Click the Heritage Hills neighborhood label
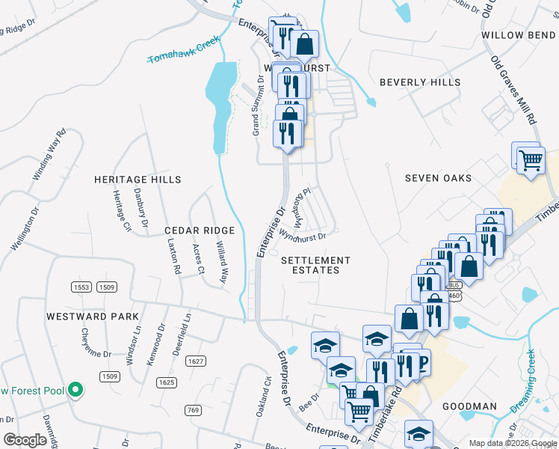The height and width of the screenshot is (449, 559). click(138, 180)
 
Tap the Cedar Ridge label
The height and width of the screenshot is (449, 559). click(200, 230)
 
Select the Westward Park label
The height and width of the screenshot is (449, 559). click(93, 317)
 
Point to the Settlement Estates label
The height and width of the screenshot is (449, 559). click(315, 265)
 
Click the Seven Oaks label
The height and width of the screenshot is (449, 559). click(439, 178)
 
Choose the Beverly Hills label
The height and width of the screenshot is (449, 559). click(419, 82)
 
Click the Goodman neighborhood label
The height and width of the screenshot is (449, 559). click(469, 406)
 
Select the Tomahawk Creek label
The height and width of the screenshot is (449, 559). click(183, 54)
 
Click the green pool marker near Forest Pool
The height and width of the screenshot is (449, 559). click(75, 390)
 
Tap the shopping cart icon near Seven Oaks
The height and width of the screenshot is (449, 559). click(530, 159)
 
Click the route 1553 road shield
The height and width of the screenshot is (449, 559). click(82, 287)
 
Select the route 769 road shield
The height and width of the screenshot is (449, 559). click(194, 409)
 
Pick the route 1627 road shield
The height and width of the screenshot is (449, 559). click(196, 361)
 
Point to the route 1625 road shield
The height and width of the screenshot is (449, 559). click(166, 382)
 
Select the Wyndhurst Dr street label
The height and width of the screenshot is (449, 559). click(303, 236)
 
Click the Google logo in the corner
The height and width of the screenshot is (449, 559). click(25, 440)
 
